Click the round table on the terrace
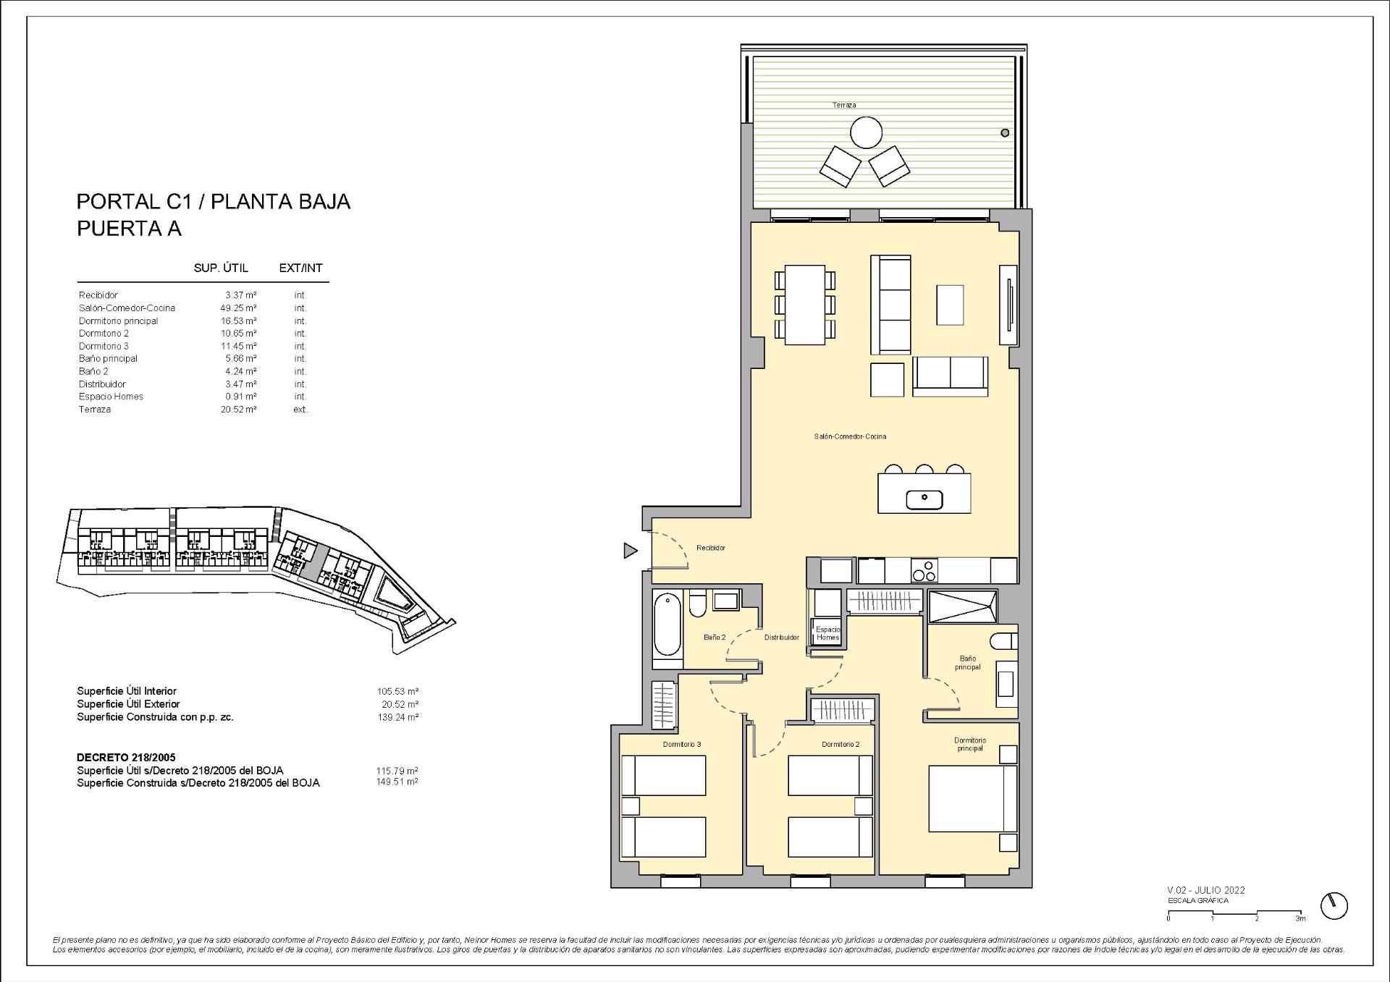click(865, 133)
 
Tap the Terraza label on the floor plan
click(843, 105)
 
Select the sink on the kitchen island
click(924, 499)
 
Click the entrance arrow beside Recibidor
click(631, 551)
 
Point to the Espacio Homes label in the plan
click(827, 633)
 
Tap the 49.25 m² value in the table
click(239, 308)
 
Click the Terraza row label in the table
click(95, 410)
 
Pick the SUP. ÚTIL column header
click(221, 268)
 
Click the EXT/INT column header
click(300, 268)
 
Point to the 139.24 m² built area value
click(397, 717)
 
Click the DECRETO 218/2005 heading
click(126, 758)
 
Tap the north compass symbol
click(1334, 905)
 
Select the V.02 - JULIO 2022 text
click(1205, 890)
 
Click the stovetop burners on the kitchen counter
click(924, 571)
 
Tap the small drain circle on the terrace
click(1005, 133)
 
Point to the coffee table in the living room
click(950, 305)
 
